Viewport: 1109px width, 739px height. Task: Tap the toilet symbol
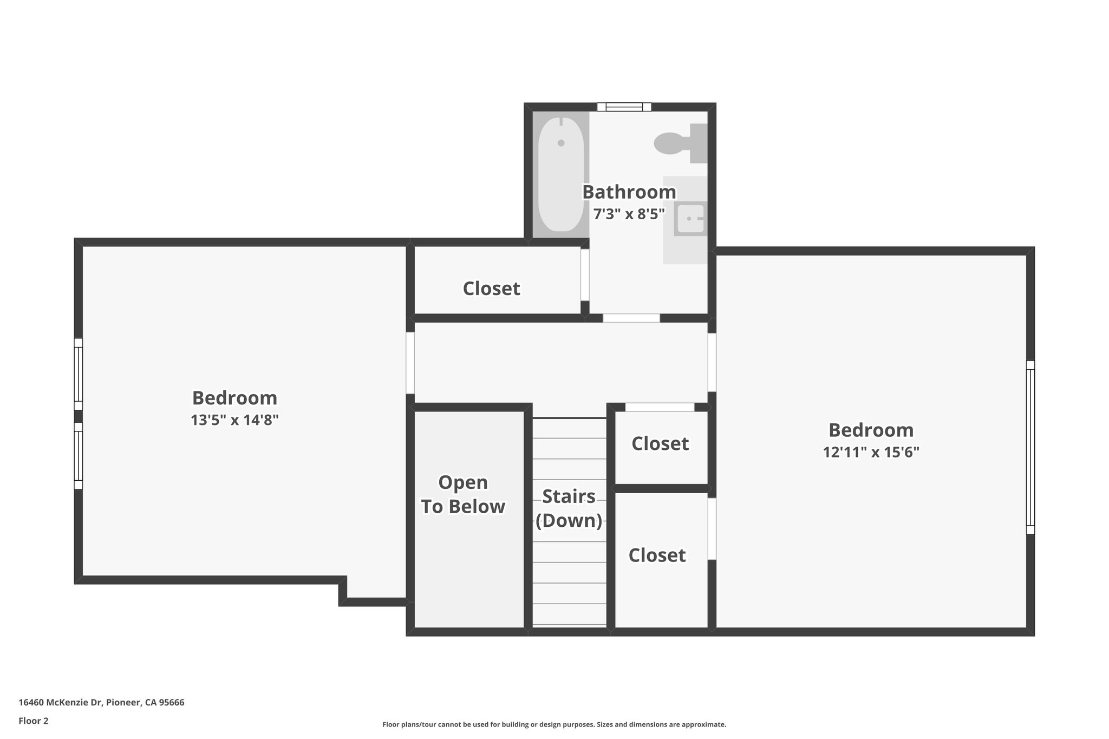[677, 143]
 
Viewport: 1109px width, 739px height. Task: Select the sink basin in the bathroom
[690, 219]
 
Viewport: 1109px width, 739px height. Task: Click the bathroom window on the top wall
[624, 107]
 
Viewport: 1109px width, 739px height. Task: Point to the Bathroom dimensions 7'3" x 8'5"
[629, 214]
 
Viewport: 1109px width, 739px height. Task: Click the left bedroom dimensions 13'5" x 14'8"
[234, 420]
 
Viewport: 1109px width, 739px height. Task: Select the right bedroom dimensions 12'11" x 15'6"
[871, 452]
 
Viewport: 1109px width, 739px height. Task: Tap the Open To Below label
[463, 494]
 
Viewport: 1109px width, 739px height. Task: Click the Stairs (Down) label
[569, 508]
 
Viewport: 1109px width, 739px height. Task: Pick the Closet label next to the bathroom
[491, 289]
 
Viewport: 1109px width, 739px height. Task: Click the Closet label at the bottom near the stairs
[657, 555]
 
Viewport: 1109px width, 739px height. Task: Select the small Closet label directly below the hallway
[660, 444]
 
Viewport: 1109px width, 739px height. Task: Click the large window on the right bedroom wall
[1030, 447]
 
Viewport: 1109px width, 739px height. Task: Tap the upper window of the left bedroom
[79, 374]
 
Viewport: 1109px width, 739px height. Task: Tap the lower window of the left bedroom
[79, 456]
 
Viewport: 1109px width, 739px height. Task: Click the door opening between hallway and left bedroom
[410, 363]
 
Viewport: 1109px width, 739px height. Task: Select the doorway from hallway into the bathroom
[631, 318]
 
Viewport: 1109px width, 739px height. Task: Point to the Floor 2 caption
[34, 721]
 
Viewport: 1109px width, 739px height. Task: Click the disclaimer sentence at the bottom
[554, 724]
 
